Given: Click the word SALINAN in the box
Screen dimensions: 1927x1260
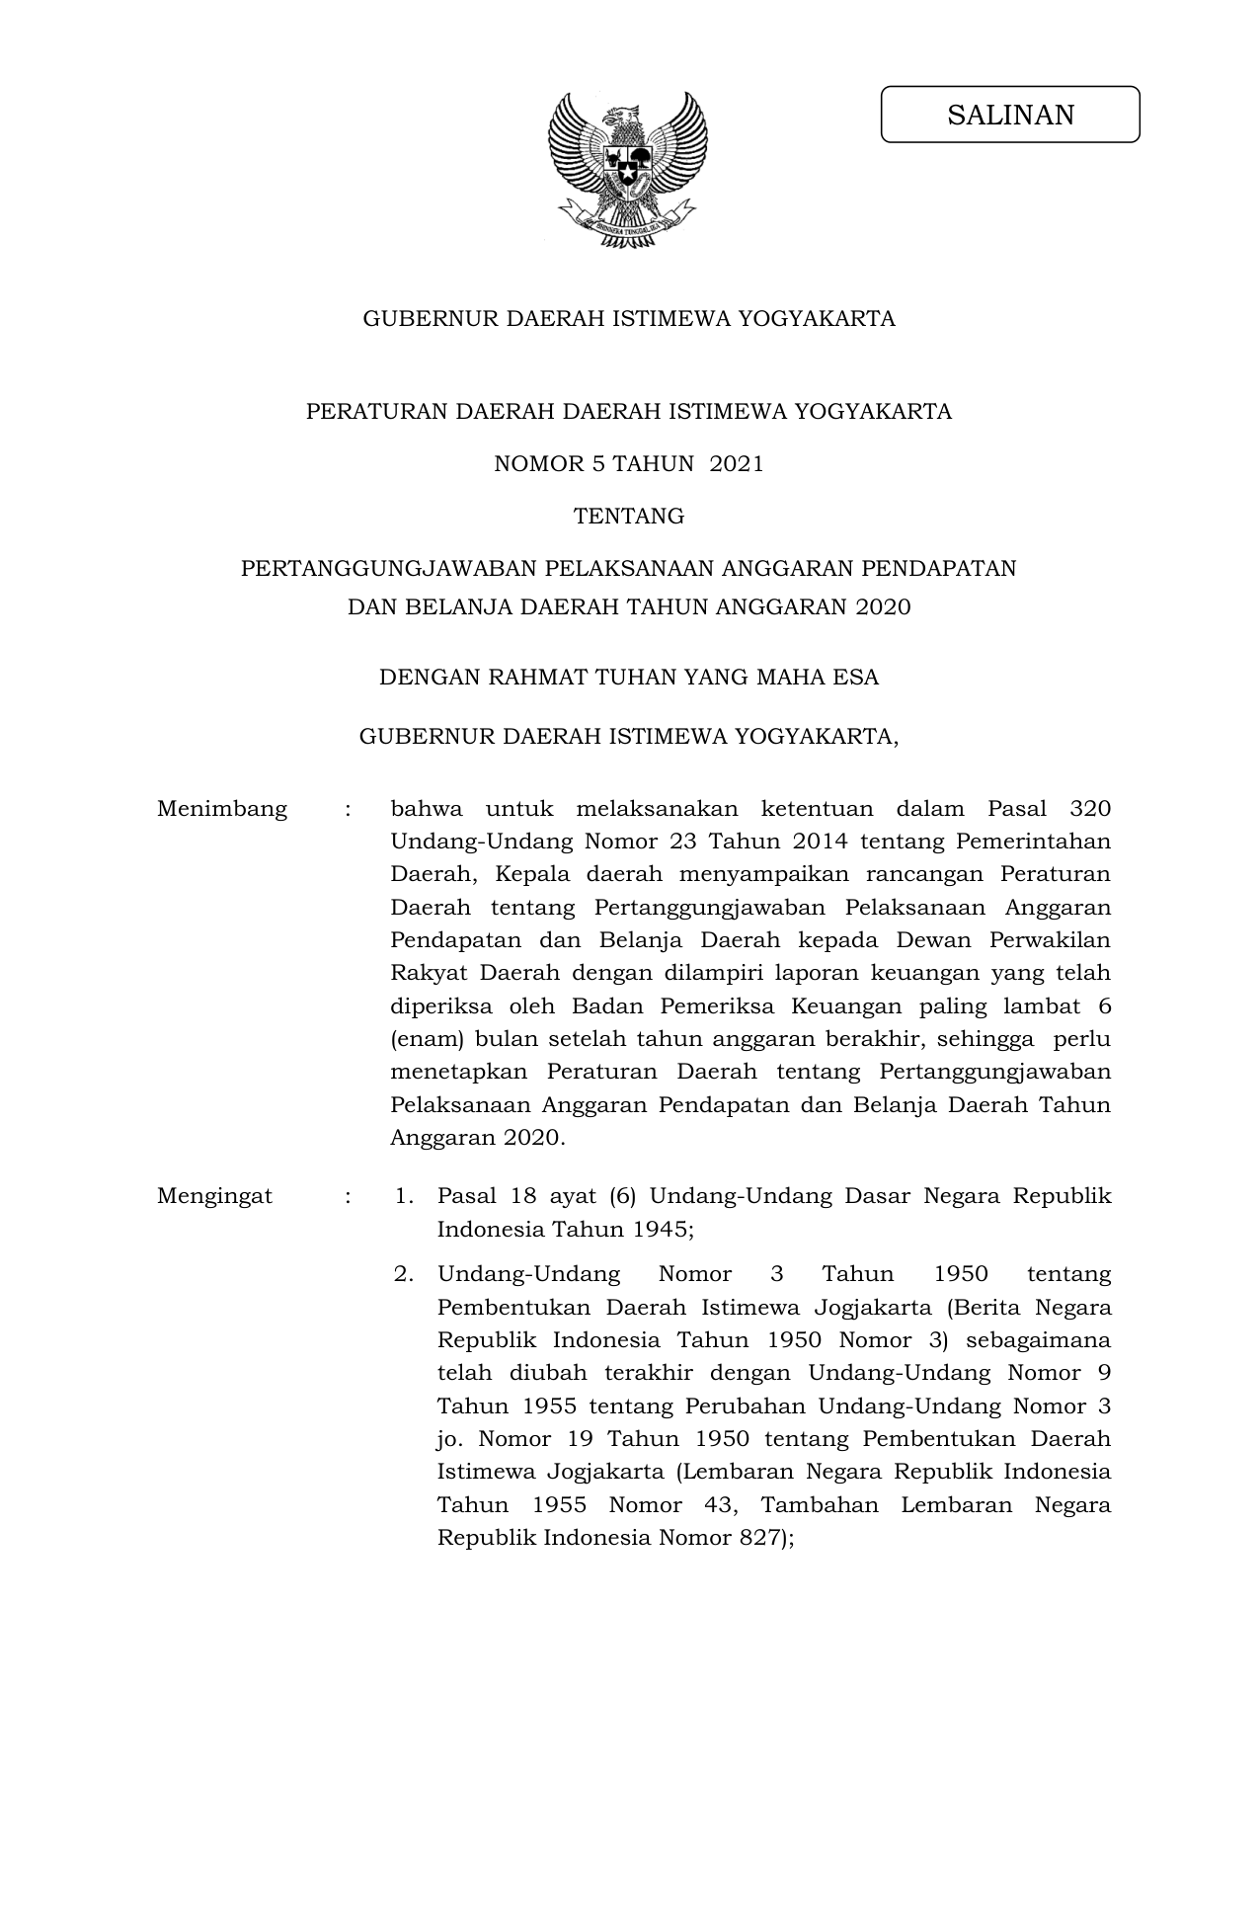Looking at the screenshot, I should click(x=1010, y=116).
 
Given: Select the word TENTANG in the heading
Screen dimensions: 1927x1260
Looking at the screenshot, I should click(x=629, y=517).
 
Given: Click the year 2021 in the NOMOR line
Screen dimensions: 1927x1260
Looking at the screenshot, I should click(x=737, y=464).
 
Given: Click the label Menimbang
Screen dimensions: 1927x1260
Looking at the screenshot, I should click(x=222, y=809).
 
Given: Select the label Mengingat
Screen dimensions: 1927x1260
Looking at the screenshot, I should click(x=214, y=1196).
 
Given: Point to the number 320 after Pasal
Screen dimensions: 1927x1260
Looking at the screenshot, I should click(x=1089, y=809).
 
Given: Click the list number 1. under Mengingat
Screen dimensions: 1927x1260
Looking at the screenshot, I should click(x=402, y=1196).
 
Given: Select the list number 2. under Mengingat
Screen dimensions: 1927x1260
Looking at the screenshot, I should click(x=402, y=1274).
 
